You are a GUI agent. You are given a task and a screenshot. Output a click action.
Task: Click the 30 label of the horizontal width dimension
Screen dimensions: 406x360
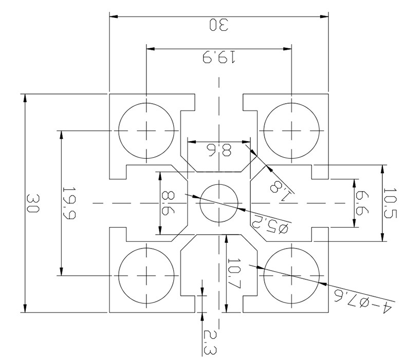click(219, 25)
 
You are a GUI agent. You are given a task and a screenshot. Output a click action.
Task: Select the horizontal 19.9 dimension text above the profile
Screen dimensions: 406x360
click(219, 57)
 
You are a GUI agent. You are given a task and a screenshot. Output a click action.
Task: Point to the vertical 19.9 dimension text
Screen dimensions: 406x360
click(69, 203)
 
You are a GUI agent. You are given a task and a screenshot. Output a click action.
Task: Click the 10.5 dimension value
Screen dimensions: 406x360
click(390, 203)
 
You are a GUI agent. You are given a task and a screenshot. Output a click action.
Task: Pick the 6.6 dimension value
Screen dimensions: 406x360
click(362, 203)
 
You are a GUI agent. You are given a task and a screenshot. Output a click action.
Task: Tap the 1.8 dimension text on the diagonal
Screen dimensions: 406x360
click(282, 191)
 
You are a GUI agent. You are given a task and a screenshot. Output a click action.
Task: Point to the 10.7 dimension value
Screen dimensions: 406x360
click(234, 274)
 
